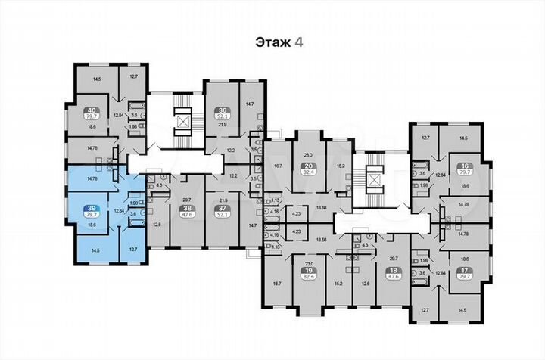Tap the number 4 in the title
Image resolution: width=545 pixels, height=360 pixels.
coord(300,43)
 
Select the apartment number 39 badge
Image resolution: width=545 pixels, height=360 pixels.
coord(92,207)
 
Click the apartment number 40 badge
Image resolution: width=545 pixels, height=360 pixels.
coord(92,110)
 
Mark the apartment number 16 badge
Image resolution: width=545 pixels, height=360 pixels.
coord(465,167)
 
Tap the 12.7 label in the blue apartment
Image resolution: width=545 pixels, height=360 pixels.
coord(133,249)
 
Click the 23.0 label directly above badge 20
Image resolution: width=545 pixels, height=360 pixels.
coord(308,155)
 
